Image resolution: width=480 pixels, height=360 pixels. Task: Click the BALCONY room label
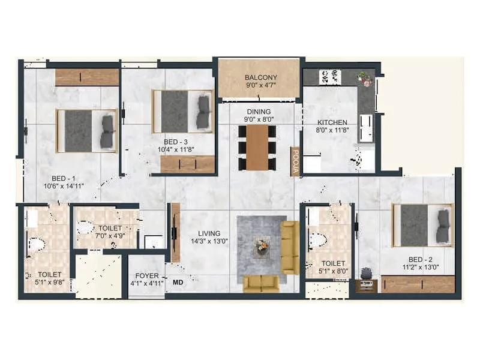coord(260,77)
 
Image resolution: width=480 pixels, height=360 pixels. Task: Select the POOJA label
coord(295,161)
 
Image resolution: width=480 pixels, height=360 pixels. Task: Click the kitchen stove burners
coord(329,77)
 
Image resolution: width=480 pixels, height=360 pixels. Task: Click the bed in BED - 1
coord(86,131)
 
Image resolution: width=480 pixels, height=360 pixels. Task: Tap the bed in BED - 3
coord(182,112)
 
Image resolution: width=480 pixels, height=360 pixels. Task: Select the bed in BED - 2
coord(422,225)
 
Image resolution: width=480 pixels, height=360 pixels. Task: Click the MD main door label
coord(178,281)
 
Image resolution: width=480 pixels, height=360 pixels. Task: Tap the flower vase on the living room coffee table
coord(261,245)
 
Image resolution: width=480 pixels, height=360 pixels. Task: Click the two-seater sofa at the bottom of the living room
coord(260,283)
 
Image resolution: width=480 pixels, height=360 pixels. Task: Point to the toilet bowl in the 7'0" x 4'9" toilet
coord(86,227)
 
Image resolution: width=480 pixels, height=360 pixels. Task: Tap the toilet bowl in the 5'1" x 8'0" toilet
coord(318,240)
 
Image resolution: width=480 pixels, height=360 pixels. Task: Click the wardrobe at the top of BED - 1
coord(86,77)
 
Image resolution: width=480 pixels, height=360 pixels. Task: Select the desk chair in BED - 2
coord(366,274)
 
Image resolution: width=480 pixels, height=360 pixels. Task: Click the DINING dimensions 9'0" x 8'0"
coord(259,119)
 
